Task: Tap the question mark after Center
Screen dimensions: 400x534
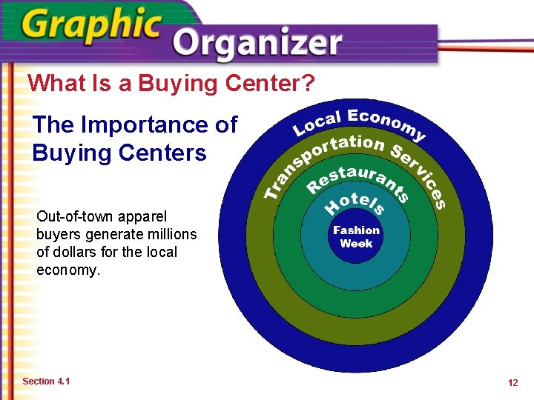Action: (x=309, y=83)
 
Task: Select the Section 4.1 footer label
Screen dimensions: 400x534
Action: (x=46, y=381)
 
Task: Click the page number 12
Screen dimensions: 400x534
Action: (x=512, y=382)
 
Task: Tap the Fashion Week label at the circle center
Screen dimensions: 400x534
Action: (x=356, y=237)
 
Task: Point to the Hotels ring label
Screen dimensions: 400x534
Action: (x=355, y=201)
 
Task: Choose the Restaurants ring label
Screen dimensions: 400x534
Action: (x=357, y=179)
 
